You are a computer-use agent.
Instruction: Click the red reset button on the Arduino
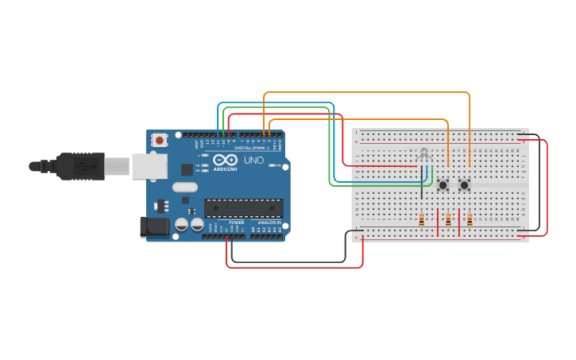[160, 141]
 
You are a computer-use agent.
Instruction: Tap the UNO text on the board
[253, 161]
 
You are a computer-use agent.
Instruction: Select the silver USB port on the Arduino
[149, 166]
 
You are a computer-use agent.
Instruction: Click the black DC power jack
[155, 227]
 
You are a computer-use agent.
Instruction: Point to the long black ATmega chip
[243, 208]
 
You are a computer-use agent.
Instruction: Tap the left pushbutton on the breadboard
[443, 185]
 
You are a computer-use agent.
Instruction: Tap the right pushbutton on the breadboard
[464, 185]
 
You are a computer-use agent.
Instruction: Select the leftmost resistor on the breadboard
[421, 219]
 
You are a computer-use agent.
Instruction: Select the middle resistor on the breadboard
[448, 219]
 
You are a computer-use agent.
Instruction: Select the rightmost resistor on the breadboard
[470, 219]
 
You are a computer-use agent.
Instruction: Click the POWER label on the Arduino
[236, 223]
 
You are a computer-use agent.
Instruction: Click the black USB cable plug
[79, 165]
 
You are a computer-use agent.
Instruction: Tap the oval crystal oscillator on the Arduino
[184, 188]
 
